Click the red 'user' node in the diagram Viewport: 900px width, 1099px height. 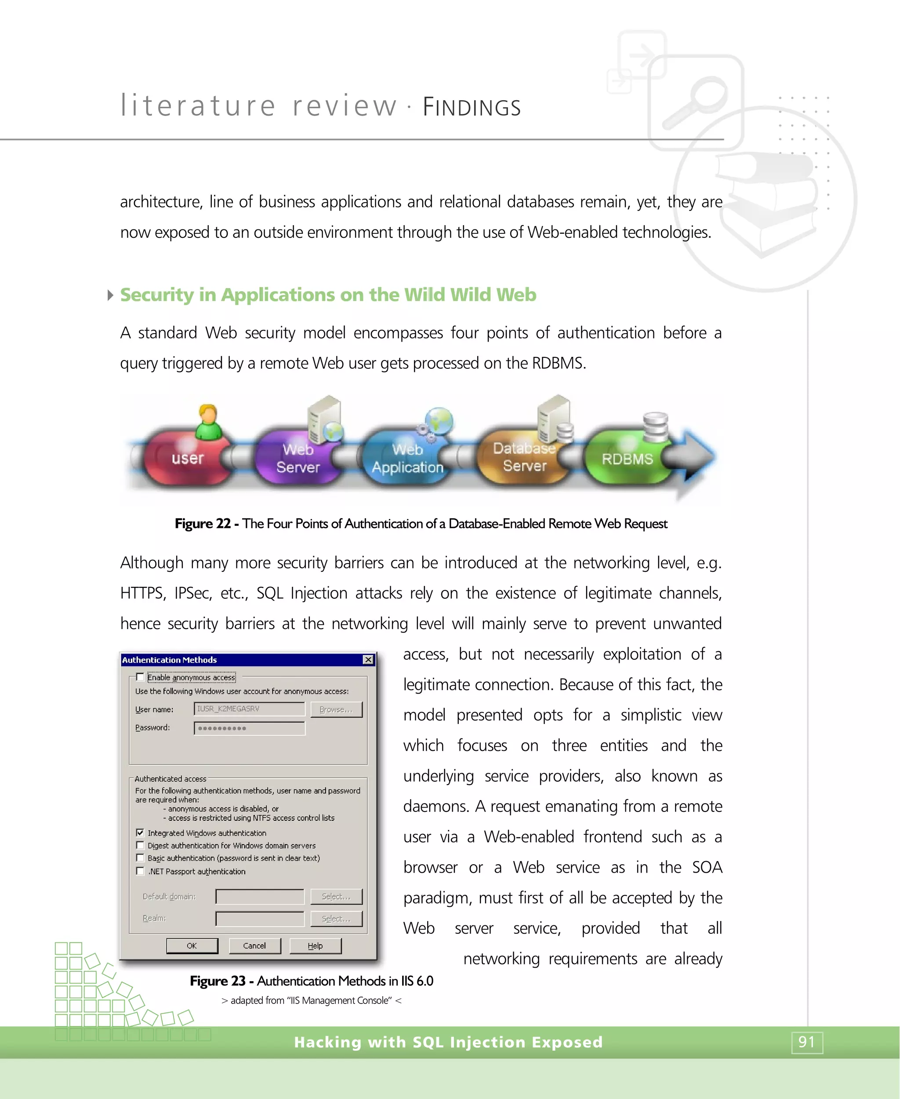pyautogui.click(x=187, y=458)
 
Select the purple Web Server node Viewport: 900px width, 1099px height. pyautogui.click(x=298, y=458)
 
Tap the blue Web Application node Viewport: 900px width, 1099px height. pyautogui.click(x=407, y=458)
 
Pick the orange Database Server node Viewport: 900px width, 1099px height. pyautogui.click(x=524, y=456)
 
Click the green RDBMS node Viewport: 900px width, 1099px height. pyautogui.click(x=627, y=459)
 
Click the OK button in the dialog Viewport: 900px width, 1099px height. pyautogui.click(x=192, y=946)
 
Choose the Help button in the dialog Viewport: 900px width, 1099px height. pyautogui.click(x=315, y=946)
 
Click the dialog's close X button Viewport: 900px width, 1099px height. pyautogui.click(x=368, y=660)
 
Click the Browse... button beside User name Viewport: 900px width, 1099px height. pyautogui.click(x=336, y=709)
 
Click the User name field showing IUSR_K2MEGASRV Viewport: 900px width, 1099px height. pyautogui.click(x=249, y=709)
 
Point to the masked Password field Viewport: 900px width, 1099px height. pyautogui.click(x=249, y=728)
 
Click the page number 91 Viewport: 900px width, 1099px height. pyautogui.click(x=807, y=1042)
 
